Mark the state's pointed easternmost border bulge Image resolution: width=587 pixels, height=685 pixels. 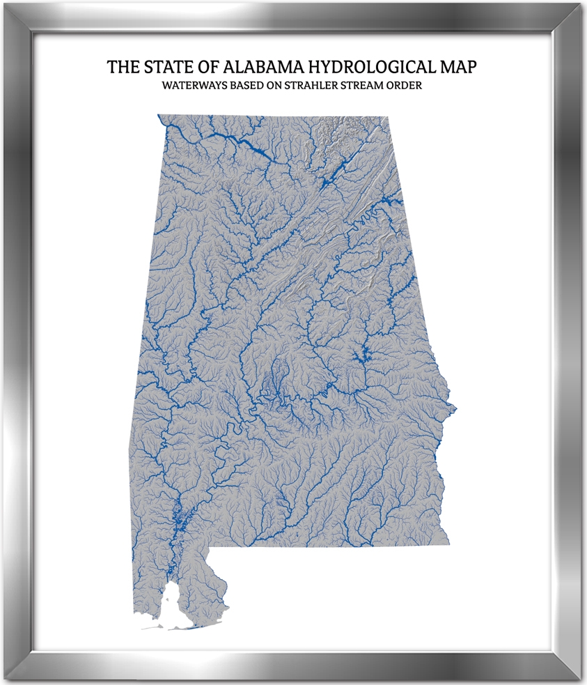[x=455, y=406]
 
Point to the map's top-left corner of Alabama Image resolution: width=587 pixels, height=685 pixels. [x=159, y=116]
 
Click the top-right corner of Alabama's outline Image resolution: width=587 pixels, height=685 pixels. [x=387, y=117]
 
